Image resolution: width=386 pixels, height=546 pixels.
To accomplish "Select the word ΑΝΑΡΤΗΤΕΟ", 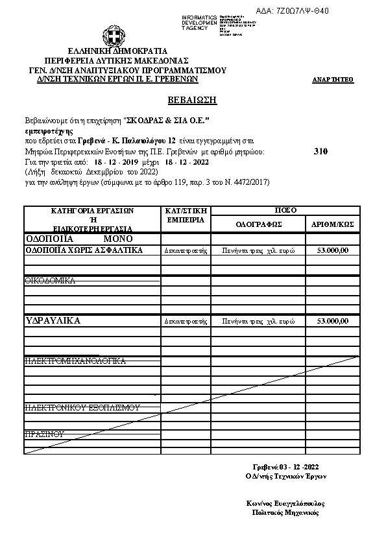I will pos(333,80).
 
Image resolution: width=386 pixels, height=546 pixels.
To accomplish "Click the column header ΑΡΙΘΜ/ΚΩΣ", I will pos(333,224).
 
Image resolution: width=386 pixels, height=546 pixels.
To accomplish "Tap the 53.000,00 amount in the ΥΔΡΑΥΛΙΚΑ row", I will pos(333,321).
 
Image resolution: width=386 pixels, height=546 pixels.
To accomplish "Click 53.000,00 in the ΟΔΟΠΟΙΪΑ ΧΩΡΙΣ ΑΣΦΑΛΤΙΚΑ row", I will pos(333,250).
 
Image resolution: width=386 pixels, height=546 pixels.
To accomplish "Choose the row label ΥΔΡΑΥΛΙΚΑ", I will pos(53,320).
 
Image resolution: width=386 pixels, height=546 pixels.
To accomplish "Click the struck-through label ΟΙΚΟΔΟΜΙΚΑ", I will pos(50,280).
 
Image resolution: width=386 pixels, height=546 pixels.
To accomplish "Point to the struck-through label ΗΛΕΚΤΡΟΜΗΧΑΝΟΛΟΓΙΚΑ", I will pos(75,361).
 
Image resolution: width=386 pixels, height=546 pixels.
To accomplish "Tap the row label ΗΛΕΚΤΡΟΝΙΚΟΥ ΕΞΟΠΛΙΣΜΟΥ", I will pos(82,407).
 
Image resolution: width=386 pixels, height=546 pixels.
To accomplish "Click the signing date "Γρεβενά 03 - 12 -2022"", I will pos(285,467).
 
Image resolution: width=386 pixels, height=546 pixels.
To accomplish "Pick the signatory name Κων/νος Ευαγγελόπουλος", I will pos(285,503).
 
